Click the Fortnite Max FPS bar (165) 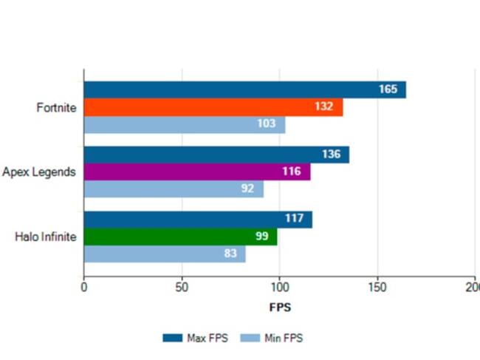pyautogui.click(x=244, y=89)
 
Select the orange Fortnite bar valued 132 pyautogui.click(x=213, y=107)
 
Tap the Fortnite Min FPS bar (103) pyautogui.click(x=184, y=125)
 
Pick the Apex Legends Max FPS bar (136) pyautogui.click(x=216, y=154)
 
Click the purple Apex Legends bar pyautogui.click(x=196, y=171)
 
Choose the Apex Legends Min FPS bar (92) pyautogui.click(x=174, y=189)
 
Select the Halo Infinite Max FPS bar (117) pyautogui.click(x=197, y=220)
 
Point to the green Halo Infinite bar pyautogui.click(x=180, y=237)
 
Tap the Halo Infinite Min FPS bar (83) pyautogui.click(x=164, y=254)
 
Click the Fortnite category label pyautogui.click(x=56, y=108)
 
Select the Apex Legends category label pyautogui.click(x=38, y=172)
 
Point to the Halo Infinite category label pyautogui.click(x=46, y=237)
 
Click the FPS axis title pyautogui.click(x=279, y=305)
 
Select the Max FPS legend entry pyautogui.click(x=195, y=338)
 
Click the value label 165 pyautogui.click(x=388, y=89)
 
